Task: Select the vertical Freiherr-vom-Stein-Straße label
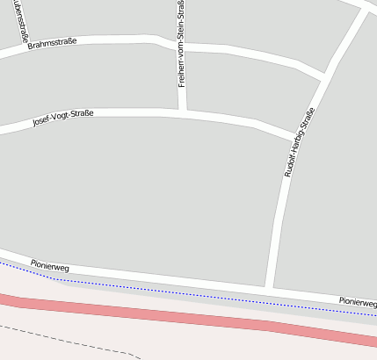pyautogui.click(x=181, y=44)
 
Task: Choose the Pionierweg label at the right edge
pyautogui.click(x=358, y=303)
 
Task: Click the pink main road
pyautogui.click(x=176, y=315)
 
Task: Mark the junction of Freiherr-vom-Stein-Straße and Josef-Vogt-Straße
pyautogui.click(x=183, y=112)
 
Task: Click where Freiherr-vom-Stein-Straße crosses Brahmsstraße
pyautogui.click(x=182, y=45)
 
